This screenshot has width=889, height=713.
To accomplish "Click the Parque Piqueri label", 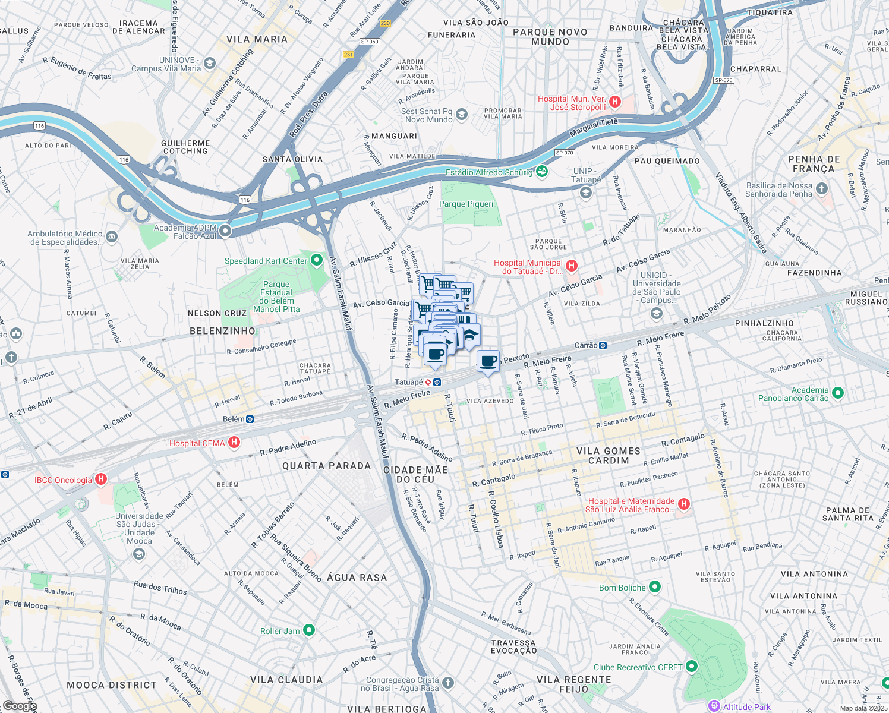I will [466, 204].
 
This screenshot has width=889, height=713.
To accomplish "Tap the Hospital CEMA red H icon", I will [234, 443].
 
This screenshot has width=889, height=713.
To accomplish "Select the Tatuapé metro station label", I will [409, 382].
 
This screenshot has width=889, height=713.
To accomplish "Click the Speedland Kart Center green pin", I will [316, 260].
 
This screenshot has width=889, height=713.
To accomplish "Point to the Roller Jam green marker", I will [308, 630].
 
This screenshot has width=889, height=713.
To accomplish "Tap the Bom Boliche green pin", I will [654, 587].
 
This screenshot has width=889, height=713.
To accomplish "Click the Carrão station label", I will [586, 345].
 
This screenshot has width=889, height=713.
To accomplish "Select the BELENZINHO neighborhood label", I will [222, 331].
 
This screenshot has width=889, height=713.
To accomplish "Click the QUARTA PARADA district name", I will [326, 466].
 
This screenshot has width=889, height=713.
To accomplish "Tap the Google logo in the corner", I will [20, 706].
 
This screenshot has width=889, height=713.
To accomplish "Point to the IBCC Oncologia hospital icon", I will [101, 479].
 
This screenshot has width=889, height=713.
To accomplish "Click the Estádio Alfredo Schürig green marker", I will [541, 172].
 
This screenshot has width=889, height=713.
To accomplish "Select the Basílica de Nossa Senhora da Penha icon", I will [821, 190].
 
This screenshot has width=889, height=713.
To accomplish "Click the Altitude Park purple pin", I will [714, 706].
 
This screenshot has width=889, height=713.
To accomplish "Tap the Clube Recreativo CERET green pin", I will [691, 667].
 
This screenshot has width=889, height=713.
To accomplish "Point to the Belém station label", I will [234, 419].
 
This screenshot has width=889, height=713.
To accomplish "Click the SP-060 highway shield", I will [370, 42].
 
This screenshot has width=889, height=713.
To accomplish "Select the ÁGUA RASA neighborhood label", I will [357, 577].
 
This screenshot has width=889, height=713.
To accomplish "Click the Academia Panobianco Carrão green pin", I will [837, 393].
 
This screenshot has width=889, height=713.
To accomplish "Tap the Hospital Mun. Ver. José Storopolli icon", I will [615, 102].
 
